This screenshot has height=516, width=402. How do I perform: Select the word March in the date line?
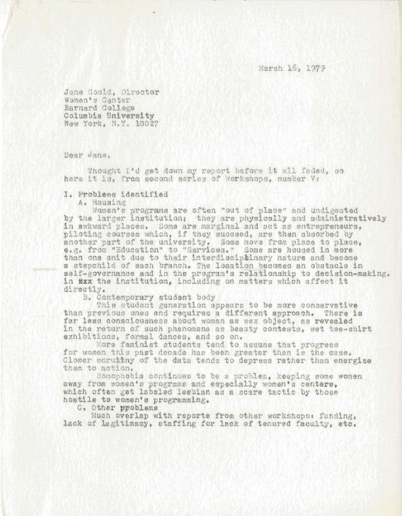coord(266,68)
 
